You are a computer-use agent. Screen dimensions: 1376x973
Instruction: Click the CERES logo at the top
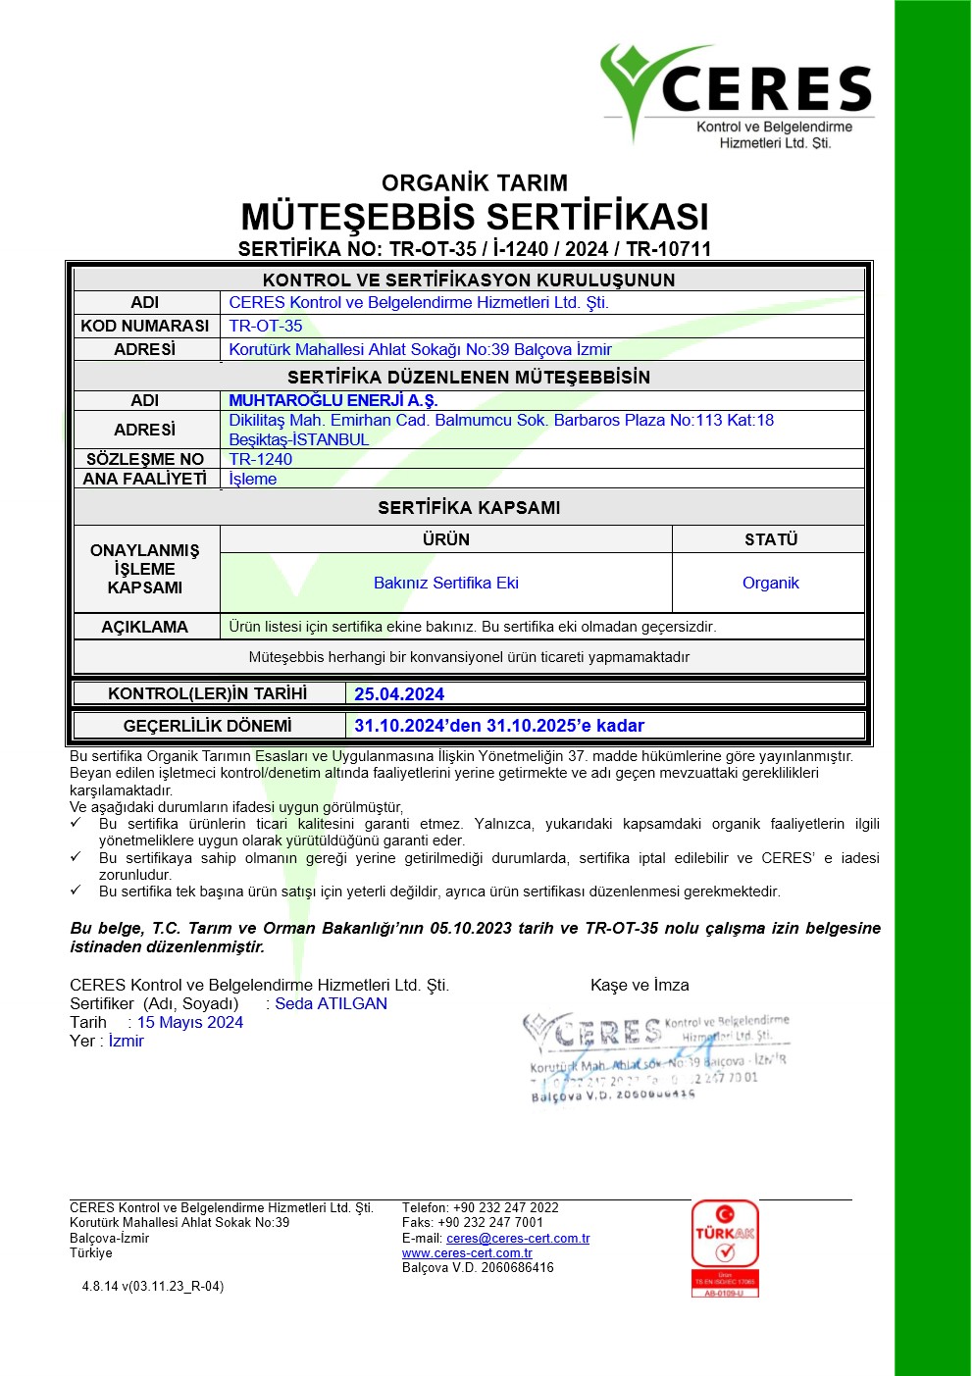[x=737, y=96]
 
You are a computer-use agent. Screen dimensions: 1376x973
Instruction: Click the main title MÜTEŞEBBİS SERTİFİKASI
[x=475, y=217]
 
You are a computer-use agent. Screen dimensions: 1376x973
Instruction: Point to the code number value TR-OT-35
[x=266, y=326]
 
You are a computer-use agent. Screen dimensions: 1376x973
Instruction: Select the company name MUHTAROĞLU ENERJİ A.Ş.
[x=333, y=400]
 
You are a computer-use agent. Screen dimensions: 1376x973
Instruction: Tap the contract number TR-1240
[x=261, y=459]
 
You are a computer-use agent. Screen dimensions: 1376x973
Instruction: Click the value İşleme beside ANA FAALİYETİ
[x=253, y=479]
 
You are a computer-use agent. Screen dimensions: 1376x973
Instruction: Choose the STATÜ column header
[x=771, y=539]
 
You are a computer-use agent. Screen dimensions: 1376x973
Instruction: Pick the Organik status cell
[x=771, y=583]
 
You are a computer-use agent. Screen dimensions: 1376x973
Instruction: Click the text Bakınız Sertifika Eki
[x=446, y=583]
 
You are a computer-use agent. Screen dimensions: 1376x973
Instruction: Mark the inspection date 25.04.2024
[x=399, y=694]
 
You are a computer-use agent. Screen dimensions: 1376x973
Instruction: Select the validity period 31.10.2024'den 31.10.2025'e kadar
[x=499, y=726]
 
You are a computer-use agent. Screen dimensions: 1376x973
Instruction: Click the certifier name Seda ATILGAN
[x=331, y=1003]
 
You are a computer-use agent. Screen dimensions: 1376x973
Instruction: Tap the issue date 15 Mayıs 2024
[x=190, y=1022]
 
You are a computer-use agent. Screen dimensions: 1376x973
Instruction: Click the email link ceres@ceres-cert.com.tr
[x=518, y=1239]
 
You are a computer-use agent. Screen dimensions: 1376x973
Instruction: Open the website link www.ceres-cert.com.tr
[x=467, y=1253]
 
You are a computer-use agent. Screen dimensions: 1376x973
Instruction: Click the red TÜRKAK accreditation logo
[x=725, y=1248]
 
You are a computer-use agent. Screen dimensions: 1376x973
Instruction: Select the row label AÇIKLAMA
[x=145, y=627]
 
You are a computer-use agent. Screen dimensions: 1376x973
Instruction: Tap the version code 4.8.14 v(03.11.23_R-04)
[x=153, y=1286]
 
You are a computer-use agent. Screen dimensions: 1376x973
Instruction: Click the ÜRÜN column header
[x=446, y=539]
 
